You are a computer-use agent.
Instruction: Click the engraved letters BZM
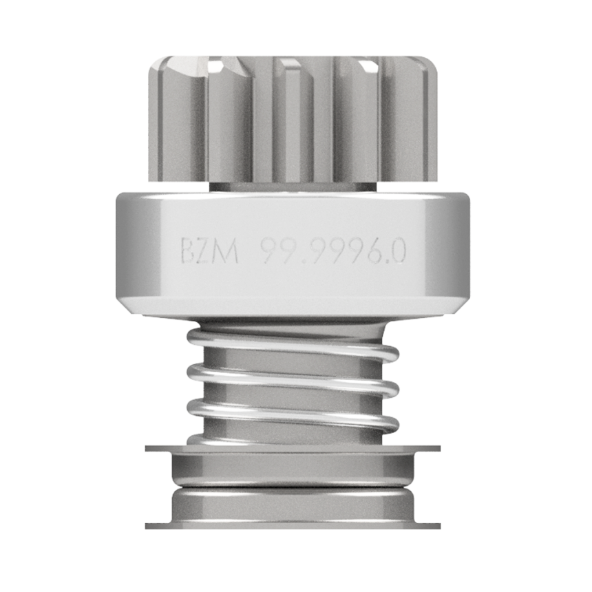click(x=209, y=251)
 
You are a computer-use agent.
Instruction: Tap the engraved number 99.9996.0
click(x=334, y=251)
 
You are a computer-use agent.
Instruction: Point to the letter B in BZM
click(x=187, y=251)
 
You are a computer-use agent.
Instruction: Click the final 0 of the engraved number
click(x=398, y=251)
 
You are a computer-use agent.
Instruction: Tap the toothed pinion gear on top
click(x=293, y=119)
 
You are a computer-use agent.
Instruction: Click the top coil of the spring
click(x=293, y=343)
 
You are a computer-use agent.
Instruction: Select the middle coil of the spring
click(x=293, y=379)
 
